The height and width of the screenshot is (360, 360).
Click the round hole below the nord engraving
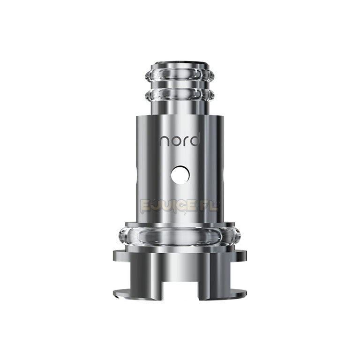(x=180, y=175)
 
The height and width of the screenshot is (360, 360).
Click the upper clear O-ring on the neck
(x=180, y=76)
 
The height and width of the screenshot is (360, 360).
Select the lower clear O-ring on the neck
(x=180, y=95)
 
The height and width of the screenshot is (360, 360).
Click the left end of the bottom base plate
(x=115, y=294)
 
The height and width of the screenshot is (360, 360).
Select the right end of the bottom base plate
(x=245, y=294)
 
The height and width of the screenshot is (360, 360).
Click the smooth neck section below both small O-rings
(x=180, y=107)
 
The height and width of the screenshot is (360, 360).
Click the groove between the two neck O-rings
(x=180, y=86)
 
